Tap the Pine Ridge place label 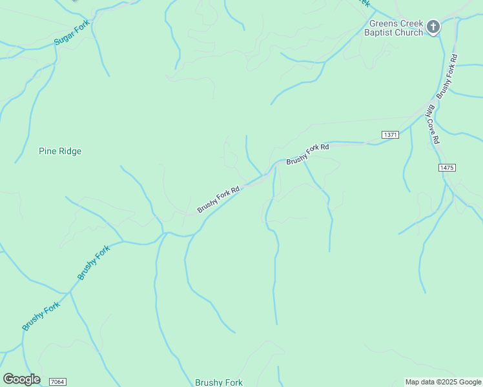coord(60,152)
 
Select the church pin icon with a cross coord(433,27)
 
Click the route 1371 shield coord(390,134)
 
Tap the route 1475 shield coord(446,168)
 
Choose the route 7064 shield coord(57,382)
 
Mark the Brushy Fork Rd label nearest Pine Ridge coord(218,199)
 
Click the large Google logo coord(21,379)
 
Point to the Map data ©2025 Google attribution coord(443,382)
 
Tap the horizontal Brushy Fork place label coord(219,382)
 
